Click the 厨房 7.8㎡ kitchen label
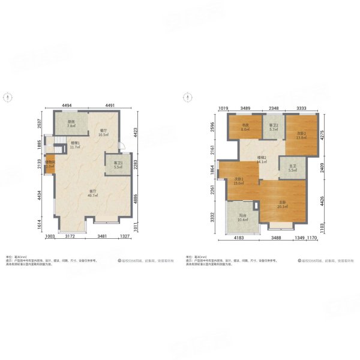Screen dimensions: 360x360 point(71,124)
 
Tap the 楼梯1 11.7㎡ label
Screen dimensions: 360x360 point(76,145)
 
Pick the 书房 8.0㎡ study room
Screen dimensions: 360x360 point(244,127)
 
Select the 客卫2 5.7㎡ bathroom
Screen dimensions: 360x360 point(273,127)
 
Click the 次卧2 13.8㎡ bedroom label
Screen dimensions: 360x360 point(301,135)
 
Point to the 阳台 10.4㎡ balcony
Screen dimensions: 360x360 point(241,220)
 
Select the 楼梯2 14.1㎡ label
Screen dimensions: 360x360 point(262,160)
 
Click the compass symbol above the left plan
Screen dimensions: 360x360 point(7,96)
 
